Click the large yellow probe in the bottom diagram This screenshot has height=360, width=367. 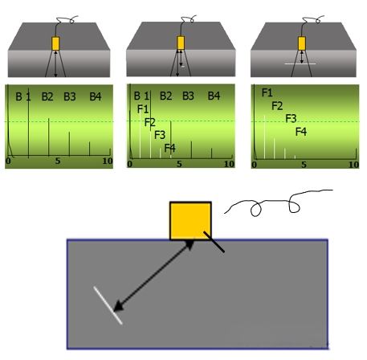click(x=190, y=221)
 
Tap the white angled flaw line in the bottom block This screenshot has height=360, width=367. click(x=108, y=305)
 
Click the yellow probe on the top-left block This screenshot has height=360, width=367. click(x=55, y=43)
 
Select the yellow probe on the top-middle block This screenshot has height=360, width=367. click(x=181, y=43)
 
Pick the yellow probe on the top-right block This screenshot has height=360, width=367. click(x=302, y=43)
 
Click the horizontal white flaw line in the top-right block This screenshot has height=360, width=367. click(x=300, y=63)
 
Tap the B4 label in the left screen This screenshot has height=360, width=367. click(x=96, y=96)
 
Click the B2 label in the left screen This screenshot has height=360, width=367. click(x=47, y=96)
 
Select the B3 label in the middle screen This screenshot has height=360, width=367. click(x=188, y=96)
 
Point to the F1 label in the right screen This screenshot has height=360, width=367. click(x=267, y=92)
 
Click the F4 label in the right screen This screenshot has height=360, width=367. click(x=301, y=132)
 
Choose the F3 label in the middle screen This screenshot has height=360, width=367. click(x=160, y=135)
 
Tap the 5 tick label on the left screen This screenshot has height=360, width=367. click(x=58, y=161)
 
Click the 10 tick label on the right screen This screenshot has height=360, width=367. click(x=353, y=165)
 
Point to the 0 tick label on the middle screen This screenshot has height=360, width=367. click(x=130, y=164)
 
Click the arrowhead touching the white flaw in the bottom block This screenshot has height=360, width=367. click(x=118, y=307)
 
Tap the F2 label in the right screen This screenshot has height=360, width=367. click(x=277, y=106)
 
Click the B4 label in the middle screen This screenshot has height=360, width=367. click(x=214, y=96)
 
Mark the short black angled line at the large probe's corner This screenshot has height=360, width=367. click(x=214, y=242)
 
